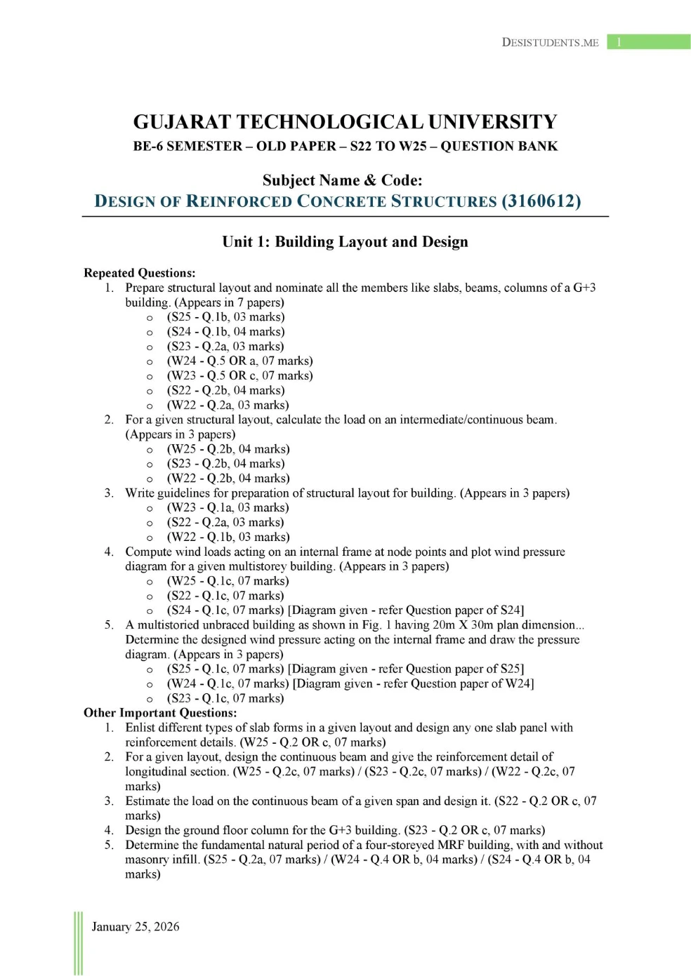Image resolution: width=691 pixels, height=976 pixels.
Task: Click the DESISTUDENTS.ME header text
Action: [550, 42]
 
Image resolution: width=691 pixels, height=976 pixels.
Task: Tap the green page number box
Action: [648, 42]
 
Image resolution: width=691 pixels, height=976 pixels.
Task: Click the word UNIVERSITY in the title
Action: [492, 122]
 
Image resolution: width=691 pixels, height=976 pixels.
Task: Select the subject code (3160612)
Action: [541, 201]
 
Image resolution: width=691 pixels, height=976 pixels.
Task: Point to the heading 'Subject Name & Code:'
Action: [343, 180]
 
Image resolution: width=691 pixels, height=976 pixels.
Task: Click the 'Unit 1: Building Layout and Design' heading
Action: [345, 242]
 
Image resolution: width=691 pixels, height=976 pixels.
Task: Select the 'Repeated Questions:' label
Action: [140, 273]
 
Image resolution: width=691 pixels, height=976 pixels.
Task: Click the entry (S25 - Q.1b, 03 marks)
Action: [225, 317]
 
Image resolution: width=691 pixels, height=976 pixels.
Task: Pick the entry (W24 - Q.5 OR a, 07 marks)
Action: [239, 361]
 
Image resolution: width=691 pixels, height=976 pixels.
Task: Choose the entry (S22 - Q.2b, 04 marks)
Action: [225, 390]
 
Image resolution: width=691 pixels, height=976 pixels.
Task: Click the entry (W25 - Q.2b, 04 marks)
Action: [228, 449]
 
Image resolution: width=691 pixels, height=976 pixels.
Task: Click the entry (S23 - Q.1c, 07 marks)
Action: [225, 698]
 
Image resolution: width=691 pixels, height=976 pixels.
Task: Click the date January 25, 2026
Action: [136, 927]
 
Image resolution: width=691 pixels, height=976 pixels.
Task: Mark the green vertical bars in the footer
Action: [78, 943]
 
